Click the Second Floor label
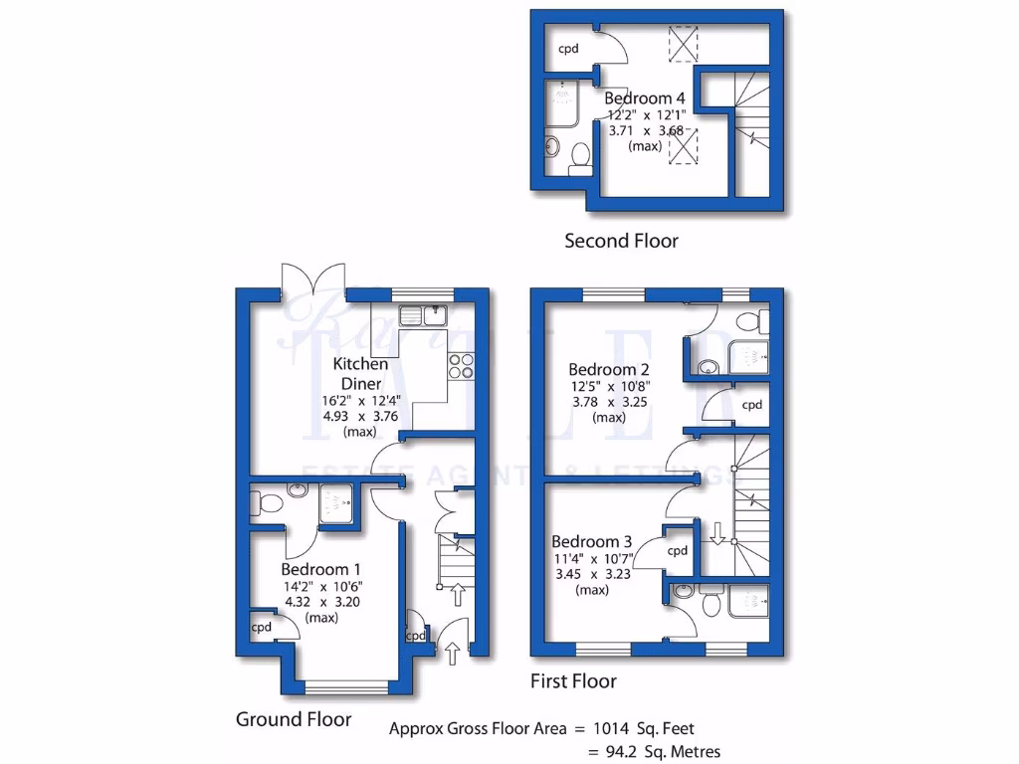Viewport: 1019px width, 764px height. (621, 241)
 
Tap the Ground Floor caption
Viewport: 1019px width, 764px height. (293, 718)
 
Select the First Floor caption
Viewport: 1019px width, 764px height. (573, 681)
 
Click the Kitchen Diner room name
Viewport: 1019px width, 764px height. (360, 374)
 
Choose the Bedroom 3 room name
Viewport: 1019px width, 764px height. (592, 542)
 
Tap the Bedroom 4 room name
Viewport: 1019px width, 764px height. (645, 98)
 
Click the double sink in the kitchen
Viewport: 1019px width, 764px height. (424, 316)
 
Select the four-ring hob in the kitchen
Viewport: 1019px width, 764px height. (462, 366)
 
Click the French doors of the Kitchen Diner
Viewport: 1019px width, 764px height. (313, 281)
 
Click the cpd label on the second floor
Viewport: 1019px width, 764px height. (568, 48)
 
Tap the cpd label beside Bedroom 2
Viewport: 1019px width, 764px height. (752, 405)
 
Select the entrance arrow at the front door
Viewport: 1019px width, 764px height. (453, 654)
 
